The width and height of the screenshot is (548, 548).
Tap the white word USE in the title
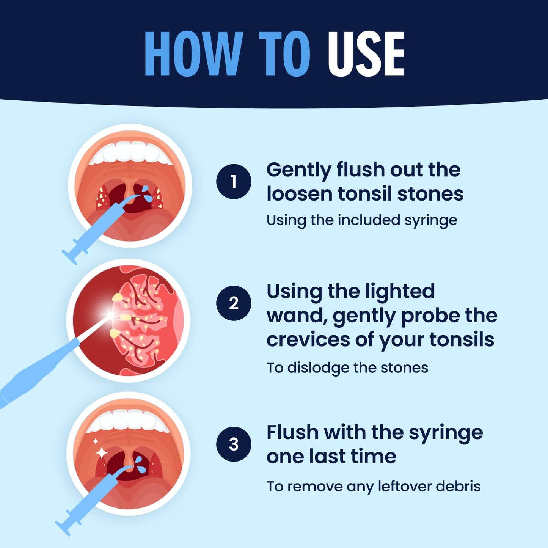(x=366, y=54)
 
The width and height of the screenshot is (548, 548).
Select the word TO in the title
(x=284, y=54)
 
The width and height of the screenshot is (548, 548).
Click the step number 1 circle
(x=234, y=182)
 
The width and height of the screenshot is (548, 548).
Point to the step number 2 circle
(x=234, y=303)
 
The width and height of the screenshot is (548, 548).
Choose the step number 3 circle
(x=234, y=444)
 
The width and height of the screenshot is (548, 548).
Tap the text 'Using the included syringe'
(x=362, y=220)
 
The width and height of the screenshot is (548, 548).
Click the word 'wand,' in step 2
(x=297, y=316)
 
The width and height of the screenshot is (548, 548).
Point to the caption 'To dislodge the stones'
(x=347, y=368)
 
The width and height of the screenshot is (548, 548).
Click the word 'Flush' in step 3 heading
(x=292, y=432)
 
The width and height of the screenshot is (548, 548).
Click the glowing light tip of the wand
(x=110, y=314)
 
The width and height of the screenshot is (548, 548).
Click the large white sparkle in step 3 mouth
(x=101, y=452)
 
